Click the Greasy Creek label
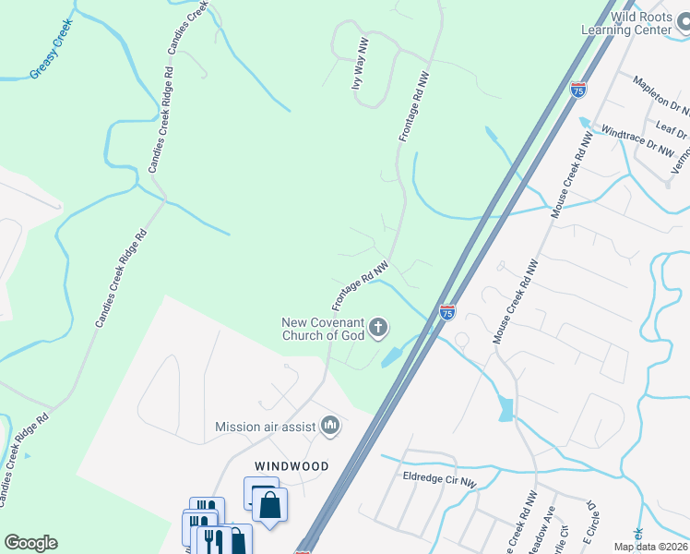tap(51, 49)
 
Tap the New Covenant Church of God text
tap(322, 328)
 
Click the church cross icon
tap(378, 327)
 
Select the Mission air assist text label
tap(265, 427)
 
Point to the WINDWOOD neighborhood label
tap(291, 466)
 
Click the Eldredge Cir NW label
tap(439, 482)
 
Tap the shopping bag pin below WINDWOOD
tap(269, 506)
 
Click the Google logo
tap(30, 543)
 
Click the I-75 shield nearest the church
tap(447, 313)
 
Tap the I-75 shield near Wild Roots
tap(577, 90)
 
